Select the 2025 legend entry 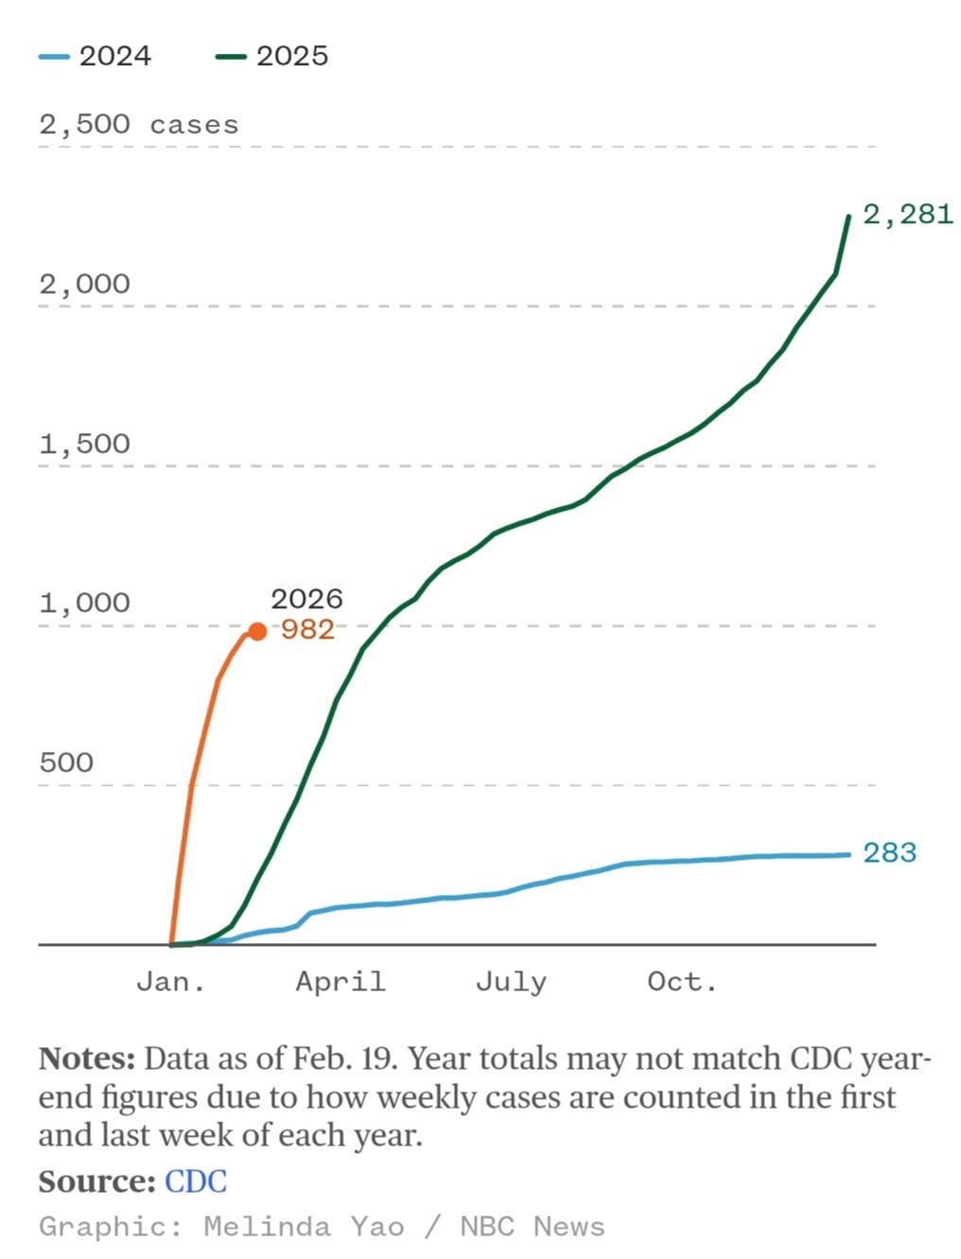[x=273, y=56]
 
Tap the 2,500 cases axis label [x=138, y=125]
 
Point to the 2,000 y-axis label [x=84, y=284]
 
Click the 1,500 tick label [x=84, y=444]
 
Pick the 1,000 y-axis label [x=84, y=603]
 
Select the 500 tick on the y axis [x=66, y=762]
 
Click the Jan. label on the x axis [x=171, y=982]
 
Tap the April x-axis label [x=341, y=982]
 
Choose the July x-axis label [x=511, y=982]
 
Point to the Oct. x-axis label [x=682, y=982]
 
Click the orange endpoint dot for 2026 [x=256, y=631]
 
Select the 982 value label [x=308, y=629]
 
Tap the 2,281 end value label [x=908, y=214]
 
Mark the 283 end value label [x=890, y=852]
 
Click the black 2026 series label [x=306, y=599]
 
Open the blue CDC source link [x=196, y=1181]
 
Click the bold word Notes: [x=87, y=1058]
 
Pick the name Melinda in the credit [x=267, y=1227]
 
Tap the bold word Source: [x=96, y=1181]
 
